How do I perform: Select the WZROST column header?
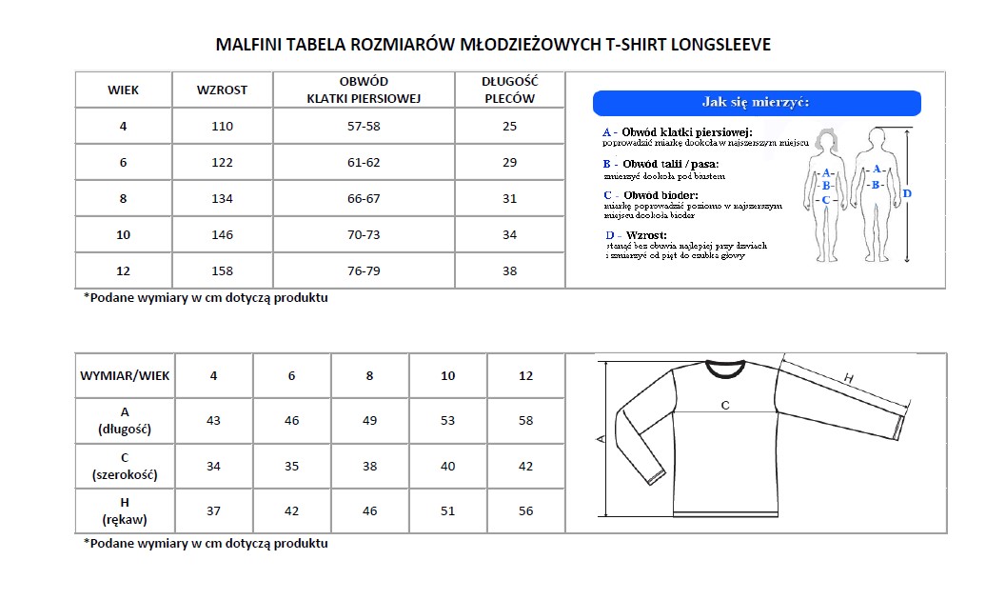point(222,90)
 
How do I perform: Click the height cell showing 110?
point(222,127)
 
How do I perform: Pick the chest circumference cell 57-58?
point(364,127)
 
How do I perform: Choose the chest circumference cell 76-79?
point(364,271)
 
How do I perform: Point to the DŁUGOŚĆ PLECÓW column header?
point(509,90)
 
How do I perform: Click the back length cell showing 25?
point(509,127)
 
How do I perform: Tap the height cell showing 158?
point(222,271)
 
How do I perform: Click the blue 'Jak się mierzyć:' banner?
point(757,103)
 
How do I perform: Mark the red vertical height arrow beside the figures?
point(907,195)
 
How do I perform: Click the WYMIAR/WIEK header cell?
point(125,376)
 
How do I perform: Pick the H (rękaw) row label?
point(125,511)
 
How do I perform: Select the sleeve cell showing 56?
point(525,511)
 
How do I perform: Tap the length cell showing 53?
point(447,421)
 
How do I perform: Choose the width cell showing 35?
point(291,467)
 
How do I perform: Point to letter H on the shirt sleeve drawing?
point(849,379)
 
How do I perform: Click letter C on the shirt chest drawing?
point(725,406)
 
